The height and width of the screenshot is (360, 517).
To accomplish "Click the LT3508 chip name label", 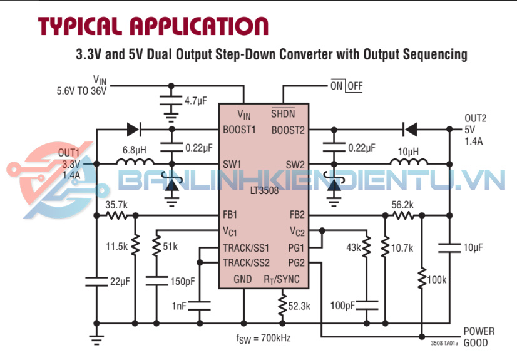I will pyautogui.click(x=264, y=190).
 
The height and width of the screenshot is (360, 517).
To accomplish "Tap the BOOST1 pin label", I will pyautogui.click(x=240, y=130).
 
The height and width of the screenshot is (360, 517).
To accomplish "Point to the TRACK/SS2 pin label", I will pyautogui.click(x=247, y=262).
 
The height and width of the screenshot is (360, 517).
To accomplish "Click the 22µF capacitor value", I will pyautogui.click(x=120, y=282).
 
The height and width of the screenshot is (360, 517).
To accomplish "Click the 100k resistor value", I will pyautogui.click(x=436, y=279).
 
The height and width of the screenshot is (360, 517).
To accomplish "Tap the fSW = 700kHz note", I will pyautogui.click(x=263, y=339).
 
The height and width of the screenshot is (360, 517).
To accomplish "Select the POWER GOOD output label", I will pyautogui.click(x=479, y=337).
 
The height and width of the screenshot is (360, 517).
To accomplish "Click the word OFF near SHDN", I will pyautogui.click(x=355, y=86).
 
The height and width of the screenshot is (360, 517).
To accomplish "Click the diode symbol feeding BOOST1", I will pyautogui.click(x=133, y=130).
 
